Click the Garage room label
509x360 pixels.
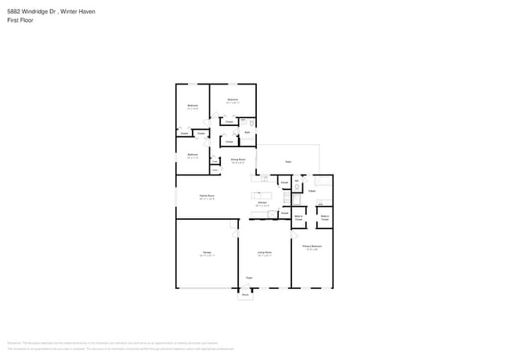(x=208, y=253)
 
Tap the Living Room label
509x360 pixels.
(x=265, y=253)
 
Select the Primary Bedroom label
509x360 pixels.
(x=312, y=247)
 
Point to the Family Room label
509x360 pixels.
(x=207, y=196)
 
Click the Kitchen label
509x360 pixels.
(x=263, y=203)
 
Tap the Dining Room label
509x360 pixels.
(x=238, y=160)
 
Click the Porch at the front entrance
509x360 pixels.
(x=245, y=294)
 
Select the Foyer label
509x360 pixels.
(x=249, y=278)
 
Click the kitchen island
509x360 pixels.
(x=261, y=195)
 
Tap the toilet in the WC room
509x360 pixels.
(x=298, y=187)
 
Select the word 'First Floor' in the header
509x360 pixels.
(x=21, y=20)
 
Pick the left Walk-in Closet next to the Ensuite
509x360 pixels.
(x=298, y=218)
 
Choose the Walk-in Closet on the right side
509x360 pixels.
(x=324, y=218)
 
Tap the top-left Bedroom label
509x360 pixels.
(x=193, y=106)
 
